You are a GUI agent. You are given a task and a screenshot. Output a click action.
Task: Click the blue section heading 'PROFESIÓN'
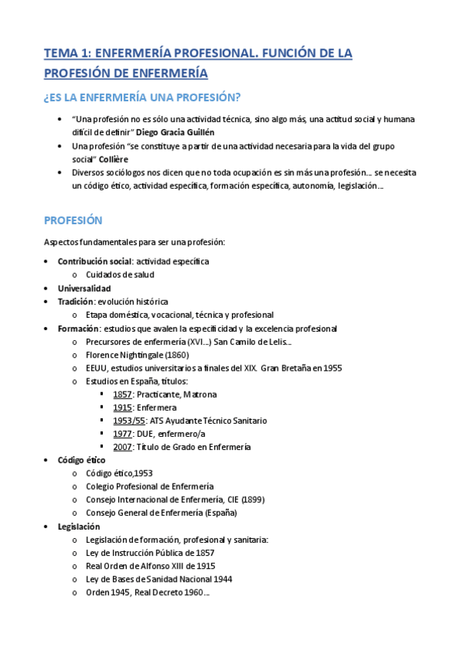click(73, 220)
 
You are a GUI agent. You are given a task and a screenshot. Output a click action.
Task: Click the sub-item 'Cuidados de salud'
click(120, 274)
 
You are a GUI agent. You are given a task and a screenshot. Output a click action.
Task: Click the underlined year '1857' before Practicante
click(123, 394)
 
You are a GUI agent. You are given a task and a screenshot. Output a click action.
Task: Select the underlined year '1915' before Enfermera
click(123, 407)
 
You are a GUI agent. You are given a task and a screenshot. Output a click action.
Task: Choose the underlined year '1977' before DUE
click(123, 434)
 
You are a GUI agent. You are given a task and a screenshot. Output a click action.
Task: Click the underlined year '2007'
click(123, 447)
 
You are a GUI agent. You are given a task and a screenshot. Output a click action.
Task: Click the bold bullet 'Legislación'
click(78, 526)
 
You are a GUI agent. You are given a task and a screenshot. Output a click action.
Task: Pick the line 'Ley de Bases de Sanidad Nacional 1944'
click(159, 579)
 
